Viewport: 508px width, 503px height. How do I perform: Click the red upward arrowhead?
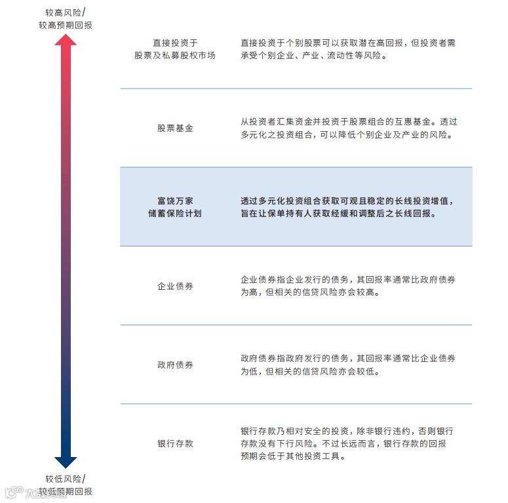66,40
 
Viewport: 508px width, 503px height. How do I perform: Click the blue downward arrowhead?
66,462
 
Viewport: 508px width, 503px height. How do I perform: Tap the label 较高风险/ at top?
65,12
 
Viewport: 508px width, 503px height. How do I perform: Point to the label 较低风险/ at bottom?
65,479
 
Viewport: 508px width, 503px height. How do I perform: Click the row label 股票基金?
175,129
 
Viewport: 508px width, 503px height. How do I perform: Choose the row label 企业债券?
175,287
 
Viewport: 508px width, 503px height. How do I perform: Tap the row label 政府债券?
175,365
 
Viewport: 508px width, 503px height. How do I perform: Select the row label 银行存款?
175,444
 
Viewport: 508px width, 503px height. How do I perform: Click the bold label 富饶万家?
175,201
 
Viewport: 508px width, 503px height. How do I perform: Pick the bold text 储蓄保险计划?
175,214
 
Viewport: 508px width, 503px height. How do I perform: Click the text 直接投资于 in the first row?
175,43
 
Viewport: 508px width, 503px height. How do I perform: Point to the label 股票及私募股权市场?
175,56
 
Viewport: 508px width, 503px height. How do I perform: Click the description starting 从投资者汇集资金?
348,122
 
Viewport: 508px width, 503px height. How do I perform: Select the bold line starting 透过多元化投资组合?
347,201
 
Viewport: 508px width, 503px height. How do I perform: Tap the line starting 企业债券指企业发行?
348,280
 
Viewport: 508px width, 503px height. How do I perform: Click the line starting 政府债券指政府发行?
348,359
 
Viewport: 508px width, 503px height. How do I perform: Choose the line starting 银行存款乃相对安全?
347,431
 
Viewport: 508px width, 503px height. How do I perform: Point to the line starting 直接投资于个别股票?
348,43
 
